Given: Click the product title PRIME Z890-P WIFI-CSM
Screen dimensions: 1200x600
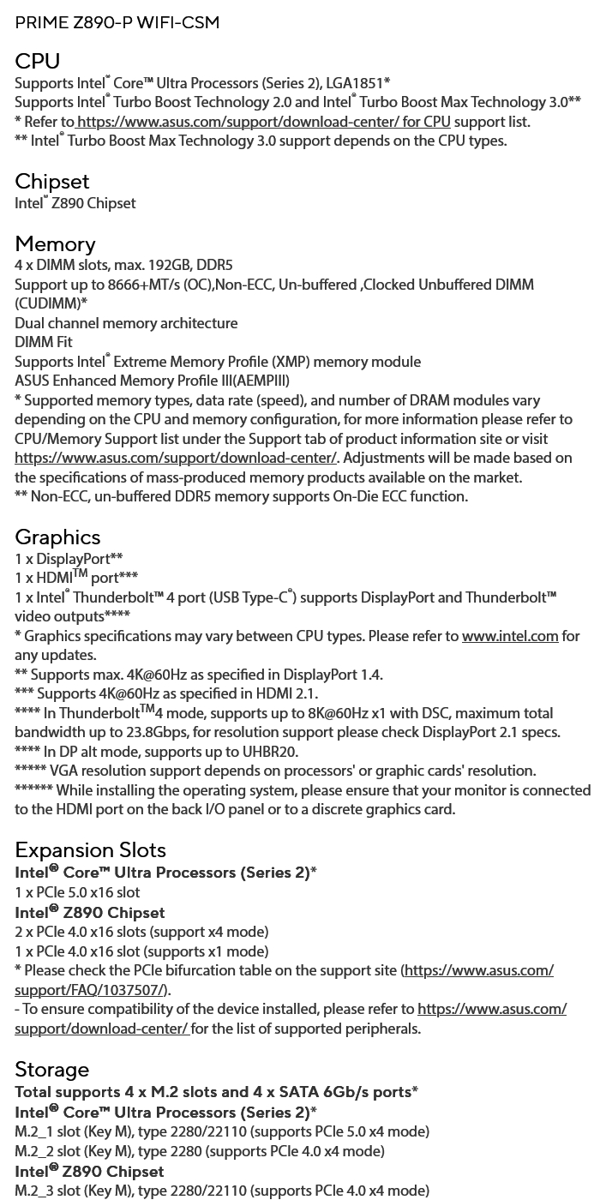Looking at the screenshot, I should (117, 22).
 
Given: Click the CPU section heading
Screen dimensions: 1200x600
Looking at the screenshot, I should (37, 62).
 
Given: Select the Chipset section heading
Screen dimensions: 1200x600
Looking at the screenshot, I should (51, 182).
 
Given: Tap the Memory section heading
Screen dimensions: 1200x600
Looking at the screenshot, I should (55, 244).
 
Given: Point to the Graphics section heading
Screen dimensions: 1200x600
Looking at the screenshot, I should (57, 537).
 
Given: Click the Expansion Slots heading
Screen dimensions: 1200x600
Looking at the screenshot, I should (90, 850).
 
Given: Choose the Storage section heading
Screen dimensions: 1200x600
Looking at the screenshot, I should (51, 1070).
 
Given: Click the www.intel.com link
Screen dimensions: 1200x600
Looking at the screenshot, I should (510, 636).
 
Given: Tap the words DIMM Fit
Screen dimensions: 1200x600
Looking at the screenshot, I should (44, 342).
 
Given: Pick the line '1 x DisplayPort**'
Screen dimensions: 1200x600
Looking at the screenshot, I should (69, 559).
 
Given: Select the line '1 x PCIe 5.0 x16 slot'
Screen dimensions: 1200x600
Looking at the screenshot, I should (77, 892).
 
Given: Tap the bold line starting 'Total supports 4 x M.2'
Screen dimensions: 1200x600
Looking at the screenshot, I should (216, 1092).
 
